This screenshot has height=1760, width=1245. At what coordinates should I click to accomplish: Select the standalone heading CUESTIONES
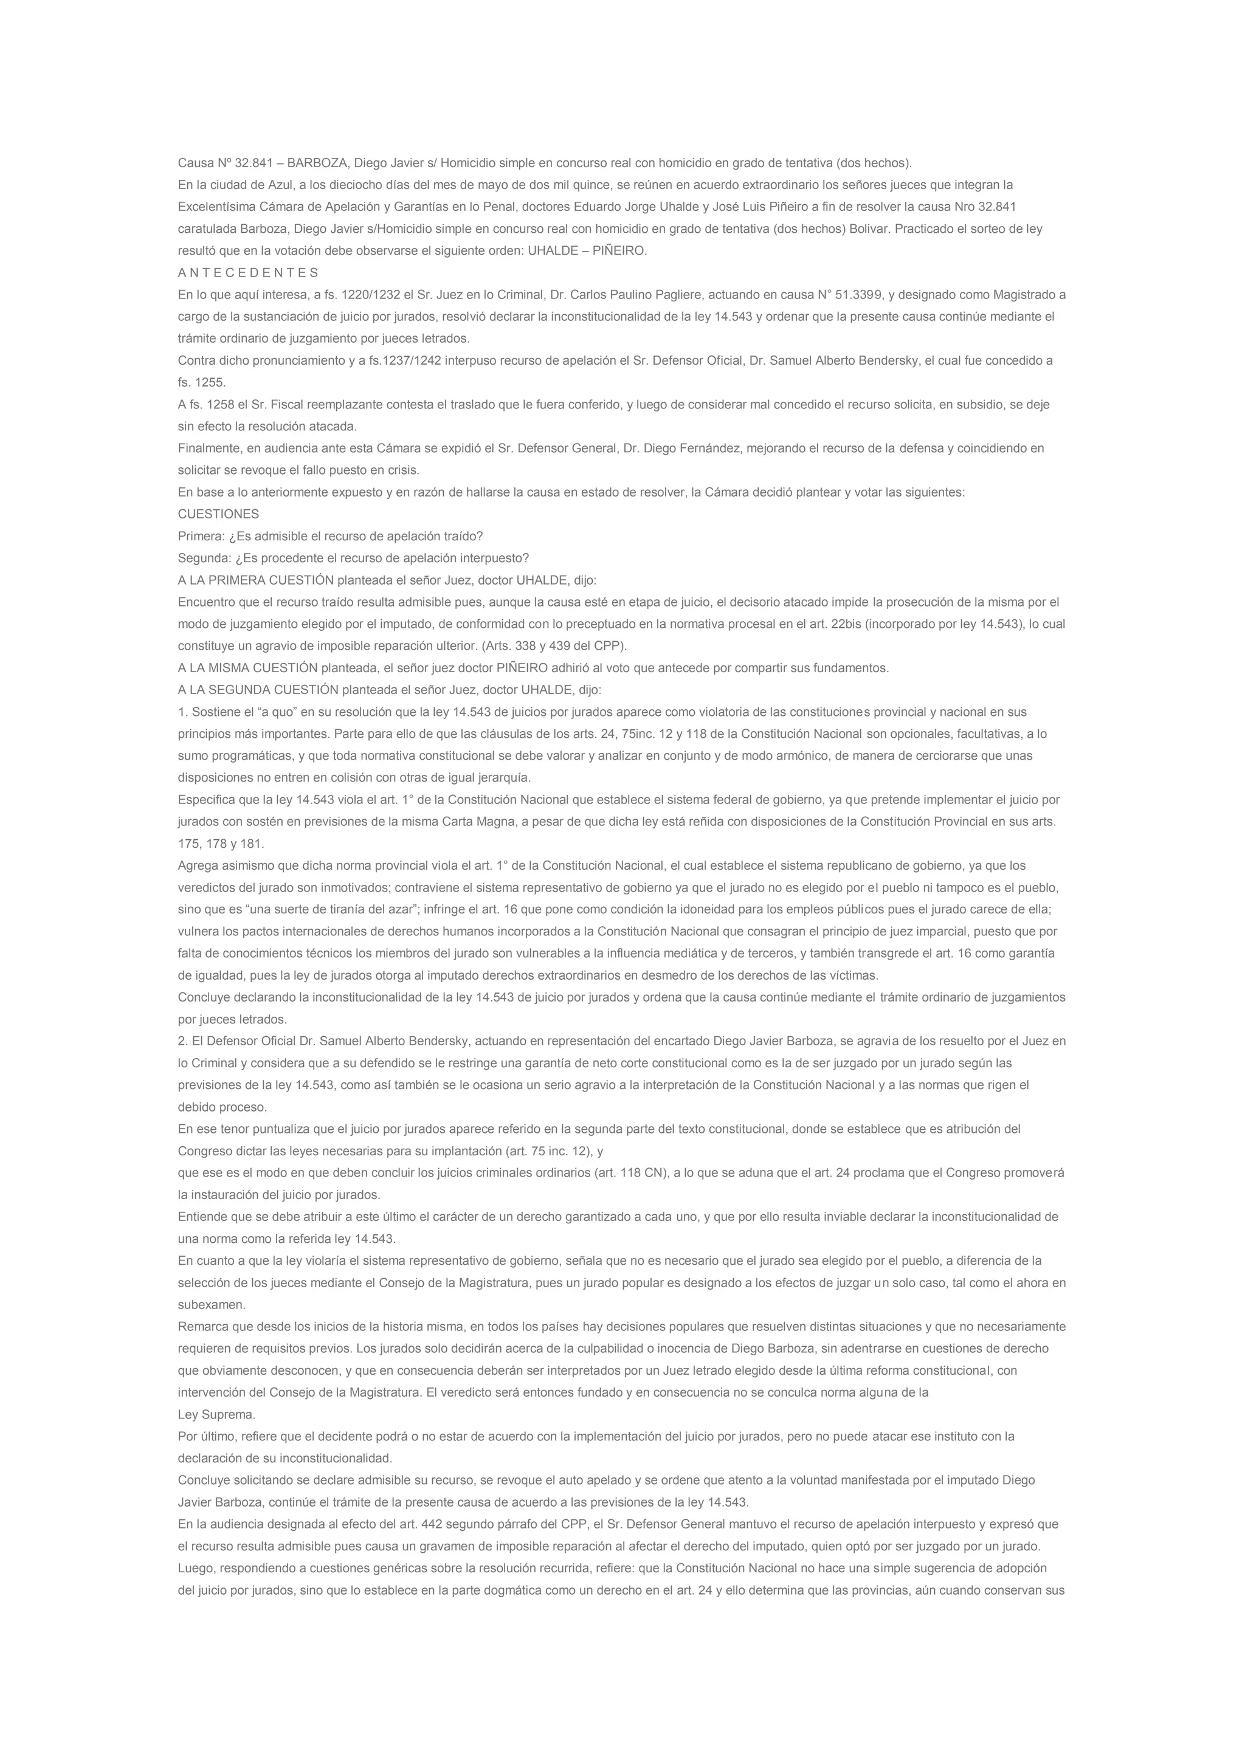(x=218, y=514)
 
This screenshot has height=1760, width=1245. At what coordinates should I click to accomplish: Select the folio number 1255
(x=210, y=382)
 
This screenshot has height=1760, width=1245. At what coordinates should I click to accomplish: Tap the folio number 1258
(x=219, y=404)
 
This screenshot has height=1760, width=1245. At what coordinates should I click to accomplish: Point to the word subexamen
(x=211, y=1305)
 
